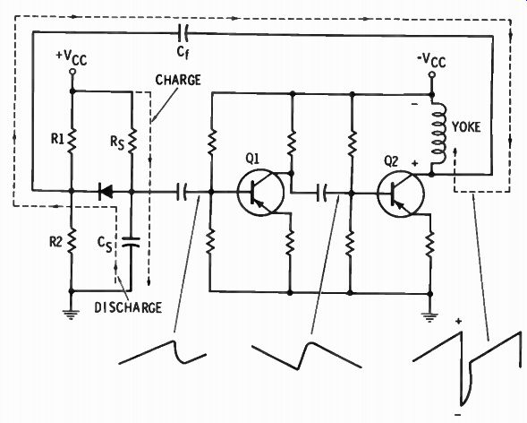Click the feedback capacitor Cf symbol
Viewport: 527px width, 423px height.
183,32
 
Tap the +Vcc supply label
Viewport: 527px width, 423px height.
72,58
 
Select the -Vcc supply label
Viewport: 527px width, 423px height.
431,61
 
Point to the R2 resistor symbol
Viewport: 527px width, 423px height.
72,240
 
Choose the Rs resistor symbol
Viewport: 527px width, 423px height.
132,139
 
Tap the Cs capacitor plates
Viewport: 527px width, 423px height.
131,242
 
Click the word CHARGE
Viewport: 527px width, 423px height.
178,80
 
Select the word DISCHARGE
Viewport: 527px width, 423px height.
128,307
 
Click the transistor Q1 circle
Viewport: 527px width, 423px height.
260,193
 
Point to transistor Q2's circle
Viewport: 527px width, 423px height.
401,194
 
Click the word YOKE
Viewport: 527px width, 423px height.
466,127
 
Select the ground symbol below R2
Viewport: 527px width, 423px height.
71,314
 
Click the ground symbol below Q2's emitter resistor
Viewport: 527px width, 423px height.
429,316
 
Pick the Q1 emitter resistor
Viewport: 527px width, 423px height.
291,243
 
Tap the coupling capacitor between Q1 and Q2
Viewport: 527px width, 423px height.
321,194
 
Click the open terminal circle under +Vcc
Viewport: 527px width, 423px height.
72,71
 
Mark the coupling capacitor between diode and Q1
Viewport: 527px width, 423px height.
182,193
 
